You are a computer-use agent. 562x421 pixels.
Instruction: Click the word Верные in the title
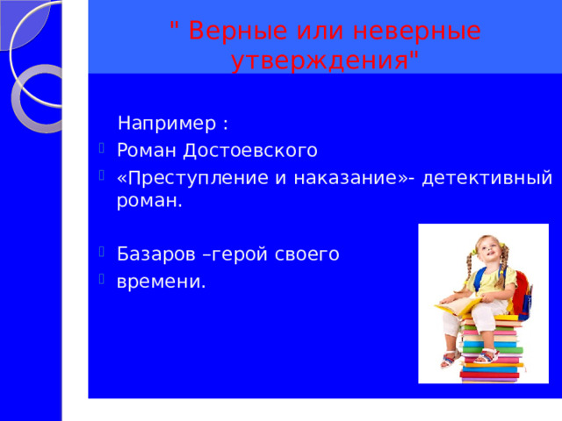point(238,31)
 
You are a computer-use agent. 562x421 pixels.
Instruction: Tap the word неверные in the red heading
point(417,31)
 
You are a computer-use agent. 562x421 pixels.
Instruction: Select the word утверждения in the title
point(320,60)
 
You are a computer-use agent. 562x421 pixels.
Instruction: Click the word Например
point(167,123)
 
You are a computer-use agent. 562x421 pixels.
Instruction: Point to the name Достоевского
point(250,150)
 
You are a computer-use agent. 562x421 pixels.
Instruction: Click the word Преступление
point(197,178)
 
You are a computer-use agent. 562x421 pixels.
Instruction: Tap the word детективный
point(486,178)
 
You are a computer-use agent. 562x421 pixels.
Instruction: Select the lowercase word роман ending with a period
point(149,201)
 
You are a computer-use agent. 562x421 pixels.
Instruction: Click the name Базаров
point(156,254)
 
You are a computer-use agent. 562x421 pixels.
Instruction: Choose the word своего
point(307,255)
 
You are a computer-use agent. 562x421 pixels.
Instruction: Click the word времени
point(162,282)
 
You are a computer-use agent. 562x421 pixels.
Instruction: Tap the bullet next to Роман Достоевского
point(102,147)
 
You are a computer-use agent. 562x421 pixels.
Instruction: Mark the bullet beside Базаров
point(102,252)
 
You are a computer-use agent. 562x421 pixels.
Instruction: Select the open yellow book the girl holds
point(458,305)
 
